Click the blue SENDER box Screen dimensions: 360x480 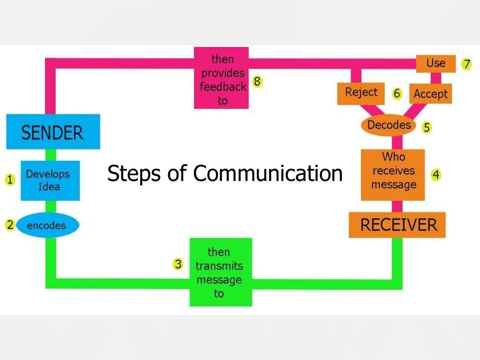[52, 132]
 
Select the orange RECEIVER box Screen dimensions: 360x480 [397, 225]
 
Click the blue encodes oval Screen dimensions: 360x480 [47, 225]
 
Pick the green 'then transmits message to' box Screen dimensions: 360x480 [220, 272]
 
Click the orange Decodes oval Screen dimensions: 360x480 [389, 125]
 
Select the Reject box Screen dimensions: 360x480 [361, 93]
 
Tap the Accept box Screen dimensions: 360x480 [430, 94]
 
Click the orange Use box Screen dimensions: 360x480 [436, 63]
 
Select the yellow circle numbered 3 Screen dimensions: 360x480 [178, 264]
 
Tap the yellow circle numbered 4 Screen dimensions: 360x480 [436, 175]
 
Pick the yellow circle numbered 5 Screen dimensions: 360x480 [426, 127]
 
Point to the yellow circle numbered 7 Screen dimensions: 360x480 [466, 64]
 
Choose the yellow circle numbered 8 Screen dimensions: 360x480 [257, 82]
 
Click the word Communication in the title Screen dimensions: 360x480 [268, 173]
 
